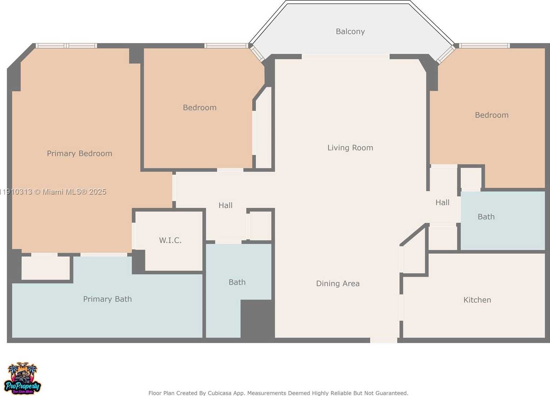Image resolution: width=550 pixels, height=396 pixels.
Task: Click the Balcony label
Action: point(350,32)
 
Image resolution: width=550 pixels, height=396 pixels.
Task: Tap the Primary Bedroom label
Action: point(79,154)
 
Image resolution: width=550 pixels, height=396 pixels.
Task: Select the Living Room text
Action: point(350,148)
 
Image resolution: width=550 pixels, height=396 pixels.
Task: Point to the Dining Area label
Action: point(337,283)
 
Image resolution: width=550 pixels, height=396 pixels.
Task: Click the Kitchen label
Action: point(477,300)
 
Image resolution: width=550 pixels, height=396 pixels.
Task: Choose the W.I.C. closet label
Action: point(170,240)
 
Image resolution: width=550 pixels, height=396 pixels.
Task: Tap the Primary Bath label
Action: point(107,299)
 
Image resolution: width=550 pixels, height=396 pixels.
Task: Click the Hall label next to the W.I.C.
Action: point(226,205)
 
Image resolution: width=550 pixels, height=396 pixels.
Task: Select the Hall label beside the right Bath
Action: point(442,202)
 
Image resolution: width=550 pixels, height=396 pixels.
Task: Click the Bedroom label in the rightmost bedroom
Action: point(491,115)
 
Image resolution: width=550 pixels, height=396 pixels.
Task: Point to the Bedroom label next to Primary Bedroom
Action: point(200,108)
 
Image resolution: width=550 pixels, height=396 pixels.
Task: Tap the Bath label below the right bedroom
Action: point(486,217)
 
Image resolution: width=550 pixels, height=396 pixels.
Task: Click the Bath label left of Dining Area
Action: point(237,282)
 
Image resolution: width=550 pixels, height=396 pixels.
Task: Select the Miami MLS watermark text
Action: point(54,192)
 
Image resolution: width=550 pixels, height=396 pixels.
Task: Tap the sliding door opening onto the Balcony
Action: point(345,56)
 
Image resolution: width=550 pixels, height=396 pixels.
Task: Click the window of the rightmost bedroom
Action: point(484,46)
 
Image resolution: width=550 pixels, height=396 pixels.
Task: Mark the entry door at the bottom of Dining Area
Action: point(383,340)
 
